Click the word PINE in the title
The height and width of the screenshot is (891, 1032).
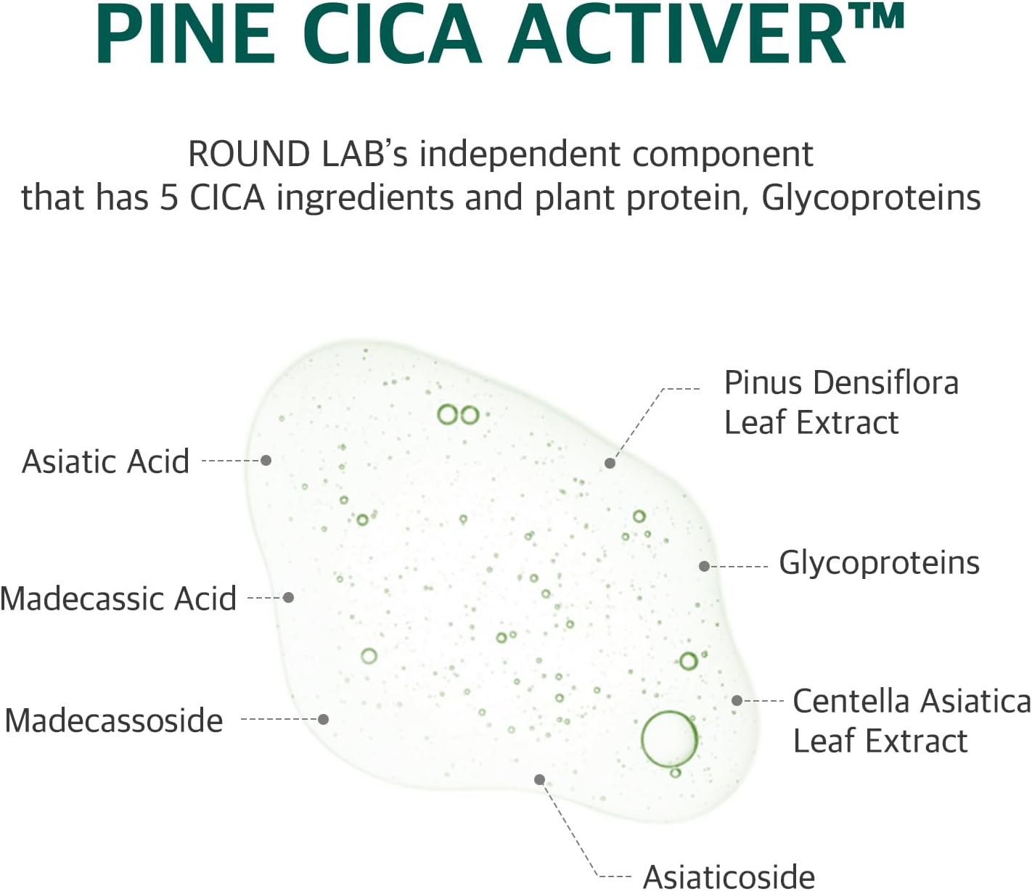pyautogui.click(x=185, y=34)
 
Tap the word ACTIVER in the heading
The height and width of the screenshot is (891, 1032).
pyautogui.click(x=678, y=34)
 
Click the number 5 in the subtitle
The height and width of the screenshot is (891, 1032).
pyautogui.click(x=168, y=197)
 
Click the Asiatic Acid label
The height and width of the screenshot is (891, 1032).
pyautogui.click(x=106, y=461)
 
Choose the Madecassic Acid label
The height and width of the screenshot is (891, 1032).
pyautogui.click(x=118, y=599)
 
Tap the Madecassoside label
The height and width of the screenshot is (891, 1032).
pyautogui.click(x=114, y=720)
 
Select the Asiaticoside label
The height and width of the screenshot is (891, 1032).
pyautogui.click(x=729, y=876)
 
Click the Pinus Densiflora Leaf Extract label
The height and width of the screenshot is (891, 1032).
pyautogui.click(x=840, y=402)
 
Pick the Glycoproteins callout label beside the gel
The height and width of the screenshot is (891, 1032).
pyautogui.click(x=879, y=562)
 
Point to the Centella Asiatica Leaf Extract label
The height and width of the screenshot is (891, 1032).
pyautogui.click(x=911, y=720)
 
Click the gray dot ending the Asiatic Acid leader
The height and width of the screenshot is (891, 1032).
pyautogui.click(x=266, y=460)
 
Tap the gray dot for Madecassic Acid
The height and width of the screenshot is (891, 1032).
pyautogui.click(x=288, y=597)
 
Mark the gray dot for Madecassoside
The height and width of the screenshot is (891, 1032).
pyautogui.click(x=324, y=719)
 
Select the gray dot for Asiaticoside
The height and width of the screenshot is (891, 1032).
pyautogui.click(x=539, y=779)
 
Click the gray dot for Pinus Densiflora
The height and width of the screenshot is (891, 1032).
pyautogui.click(x=610, y=463)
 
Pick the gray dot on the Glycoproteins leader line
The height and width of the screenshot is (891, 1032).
pyautogui.click(x=704, y=566)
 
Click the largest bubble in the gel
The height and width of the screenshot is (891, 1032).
pyautogui.click(x=669, y=739)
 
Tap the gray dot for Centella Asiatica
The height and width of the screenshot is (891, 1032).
pyautogui.click(x=737, y=700)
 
